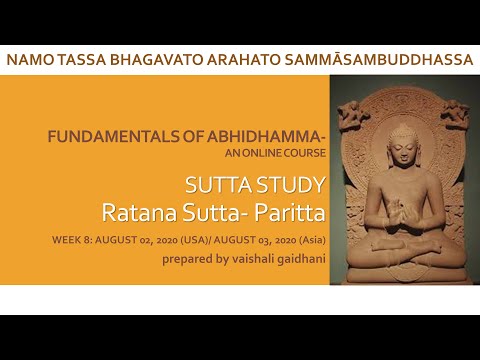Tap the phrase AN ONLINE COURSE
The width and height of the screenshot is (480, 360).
(x=277, y=155)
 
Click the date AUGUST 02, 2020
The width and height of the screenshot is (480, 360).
(x=136, y=241)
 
